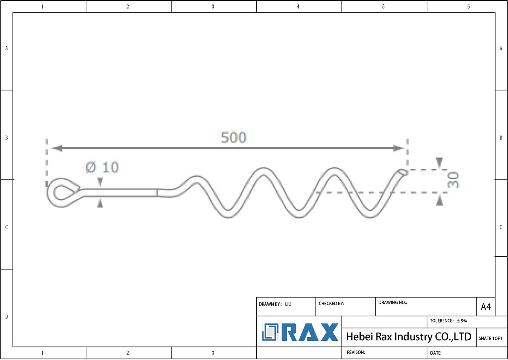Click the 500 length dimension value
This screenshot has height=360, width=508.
pos(234,137)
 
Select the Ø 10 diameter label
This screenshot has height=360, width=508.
pos(102,167)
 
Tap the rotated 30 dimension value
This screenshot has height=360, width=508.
pos(453,180)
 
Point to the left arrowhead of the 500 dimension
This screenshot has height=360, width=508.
pos(56,148)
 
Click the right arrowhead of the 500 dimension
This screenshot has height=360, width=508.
pos(399,148)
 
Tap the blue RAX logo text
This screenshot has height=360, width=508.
pos(310,332)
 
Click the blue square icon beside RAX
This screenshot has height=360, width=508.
pos(270,332)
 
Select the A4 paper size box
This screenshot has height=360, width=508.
pos(486,307)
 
